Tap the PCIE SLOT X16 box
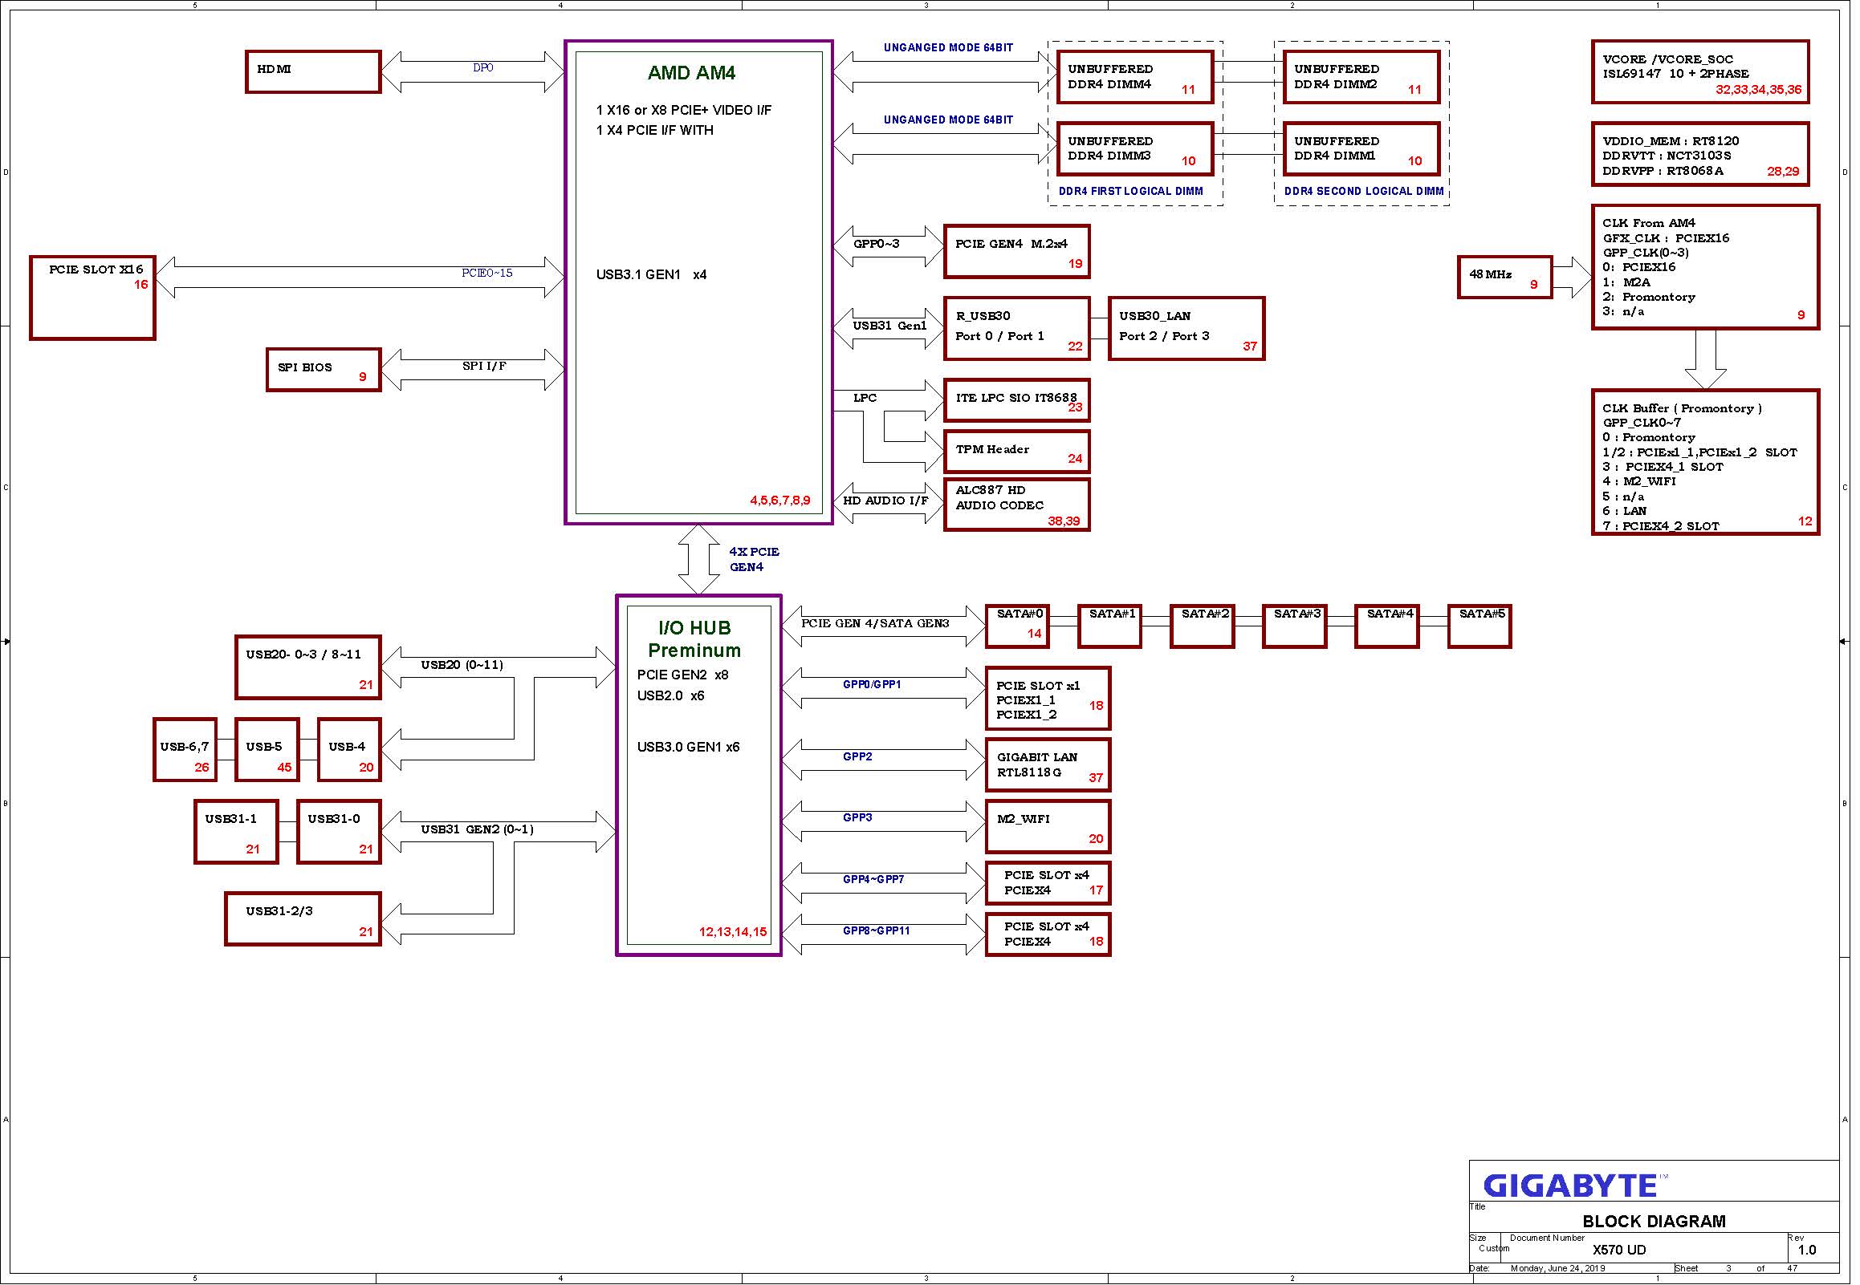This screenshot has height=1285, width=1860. tap(92, 298)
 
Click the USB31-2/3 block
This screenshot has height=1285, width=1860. tap(303, 919)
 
